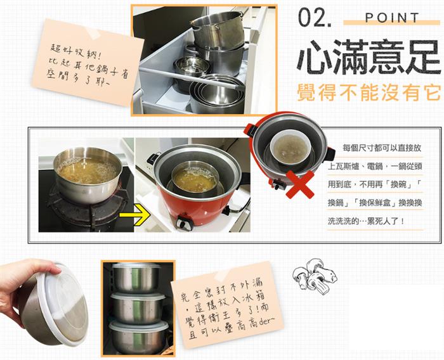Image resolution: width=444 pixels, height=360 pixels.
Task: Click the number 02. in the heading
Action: (315, 18)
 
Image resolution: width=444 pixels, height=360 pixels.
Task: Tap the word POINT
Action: (392, 18)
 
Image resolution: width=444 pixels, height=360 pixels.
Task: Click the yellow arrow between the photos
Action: (134, 214)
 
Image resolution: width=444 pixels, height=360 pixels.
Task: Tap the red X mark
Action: (300, 184)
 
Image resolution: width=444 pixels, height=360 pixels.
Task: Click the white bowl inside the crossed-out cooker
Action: (291, 147)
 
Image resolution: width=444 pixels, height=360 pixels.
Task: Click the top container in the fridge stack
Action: (136, 278)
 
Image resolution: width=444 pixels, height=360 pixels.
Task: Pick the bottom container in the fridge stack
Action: (139, 337)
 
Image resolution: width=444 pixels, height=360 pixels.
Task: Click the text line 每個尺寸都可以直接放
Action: (382, 148)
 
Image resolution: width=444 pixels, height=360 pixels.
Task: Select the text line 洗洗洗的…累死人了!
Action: (366, 221)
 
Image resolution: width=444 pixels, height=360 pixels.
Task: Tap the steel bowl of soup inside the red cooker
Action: (195, 176)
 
